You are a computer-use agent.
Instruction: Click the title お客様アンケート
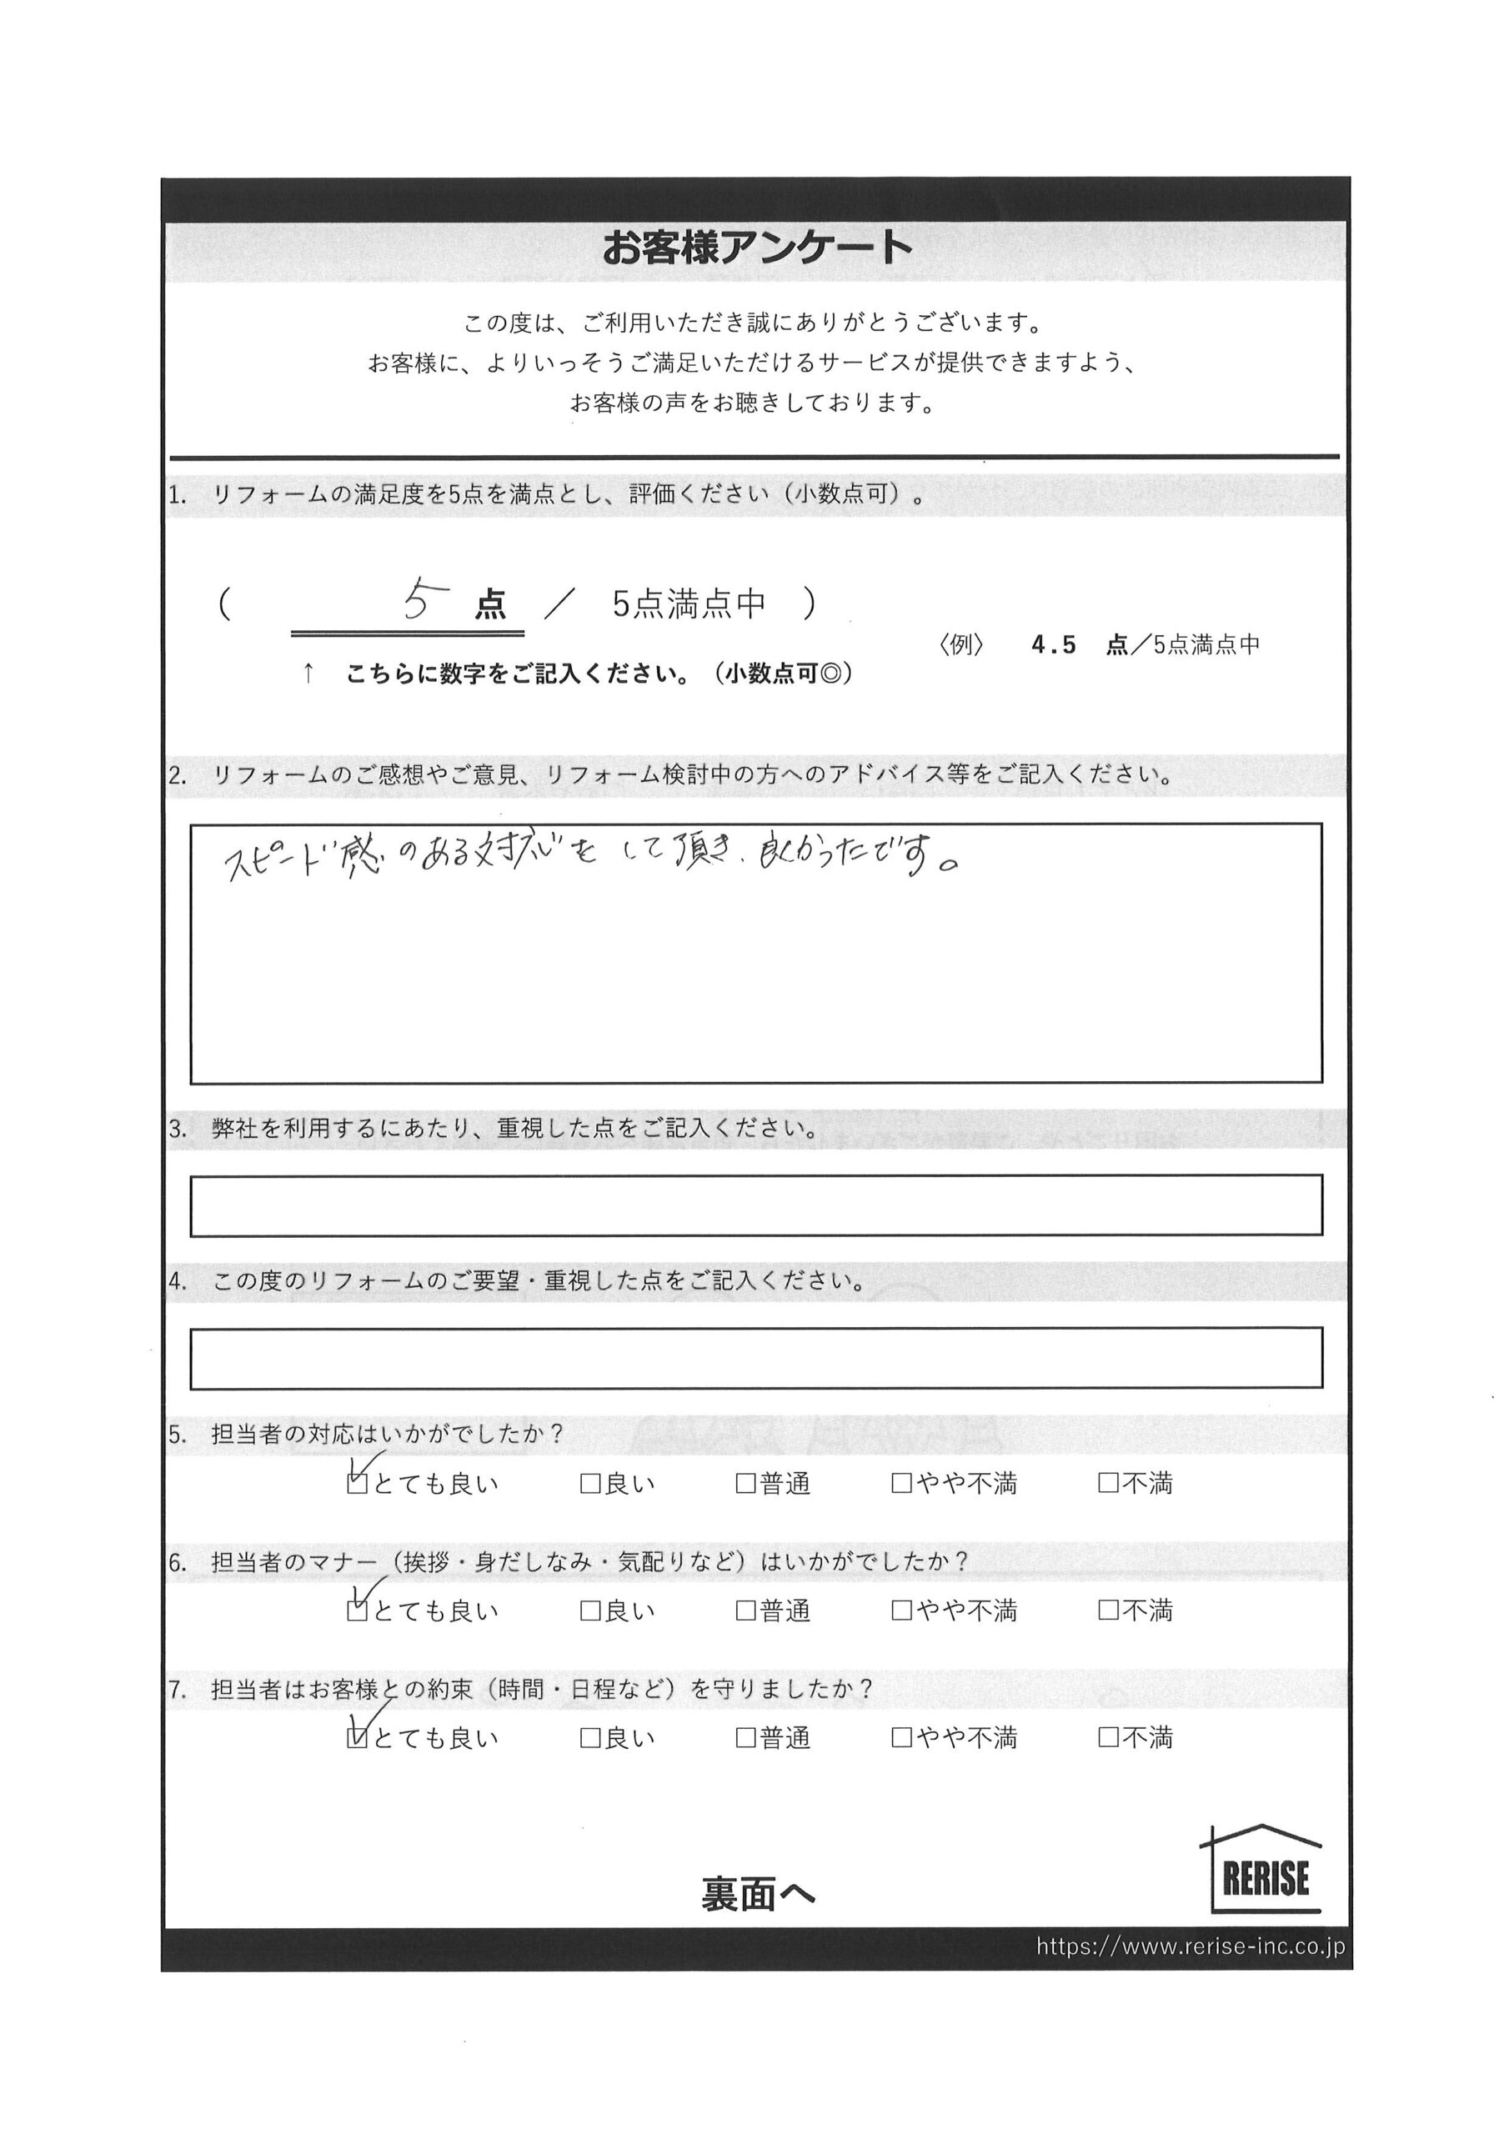(x=756, y=248)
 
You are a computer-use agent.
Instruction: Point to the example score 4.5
(x=1054, y=645)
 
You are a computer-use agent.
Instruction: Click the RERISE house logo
(x=1265, y=1869)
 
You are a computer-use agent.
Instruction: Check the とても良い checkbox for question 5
(x=356, y=1485)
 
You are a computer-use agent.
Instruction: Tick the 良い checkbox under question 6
(x=589, y=1611)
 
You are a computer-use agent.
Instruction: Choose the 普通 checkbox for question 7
(x=744, y=1738)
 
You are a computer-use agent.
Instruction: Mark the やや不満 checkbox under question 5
(x=901, y=1485)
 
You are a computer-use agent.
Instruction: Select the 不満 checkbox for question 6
(x=1107, y=1611)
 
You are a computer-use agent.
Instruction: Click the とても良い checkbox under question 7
(x=356, y=1738)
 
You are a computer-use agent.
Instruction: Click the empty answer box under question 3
(x=755, y=1205)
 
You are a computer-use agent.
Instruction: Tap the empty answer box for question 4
(x=755, y=1358)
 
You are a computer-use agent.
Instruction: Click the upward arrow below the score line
(x=308, y=674)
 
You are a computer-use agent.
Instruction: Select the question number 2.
(x=177, y=776)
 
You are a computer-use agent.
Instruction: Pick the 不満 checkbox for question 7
(x=1107, y=1738)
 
